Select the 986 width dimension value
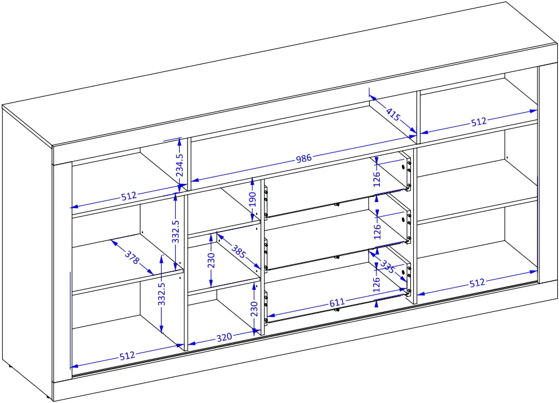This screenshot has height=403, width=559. pos(304,159)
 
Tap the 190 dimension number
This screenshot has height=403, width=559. pos(253,199)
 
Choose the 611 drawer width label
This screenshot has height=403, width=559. pos(337,303)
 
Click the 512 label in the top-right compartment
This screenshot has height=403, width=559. pos(478,122)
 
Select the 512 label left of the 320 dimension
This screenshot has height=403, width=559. pos(127,355)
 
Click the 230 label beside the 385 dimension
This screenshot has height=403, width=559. pos(211,261)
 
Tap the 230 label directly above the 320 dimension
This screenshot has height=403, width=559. pos(254,309)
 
